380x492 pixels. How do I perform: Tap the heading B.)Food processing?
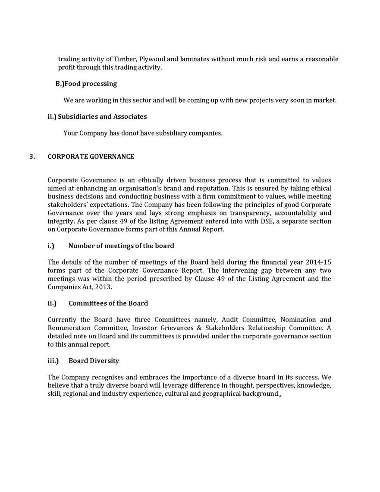86,83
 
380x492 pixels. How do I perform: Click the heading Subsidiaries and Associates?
102,117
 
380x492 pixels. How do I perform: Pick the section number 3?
32,156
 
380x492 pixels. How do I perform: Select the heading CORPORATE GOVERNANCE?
91,156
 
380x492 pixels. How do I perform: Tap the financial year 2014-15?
318,262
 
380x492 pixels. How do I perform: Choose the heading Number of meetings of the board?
121,246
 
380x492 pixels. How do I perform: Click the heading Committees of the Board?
108,303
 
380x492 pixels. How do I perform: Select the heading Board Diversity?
94,361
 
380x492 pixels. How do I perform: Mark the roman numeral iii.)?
53,361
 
